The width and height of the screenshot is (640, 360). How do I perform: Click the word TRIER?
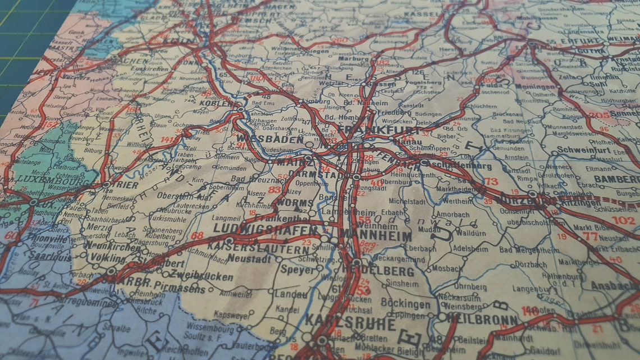(125, 184)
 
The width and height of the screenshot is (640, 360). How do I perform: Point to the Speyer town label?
(300, 270)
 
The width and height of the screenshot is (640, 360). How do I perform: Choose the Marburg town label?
(354, 58)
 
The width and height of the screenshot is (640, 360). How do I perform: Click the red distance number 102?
(623, 221)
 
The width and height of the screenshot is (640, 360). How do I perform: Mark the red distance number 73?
(491, 181)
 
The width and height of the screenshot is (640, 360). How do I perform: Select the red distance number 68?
(197, 235)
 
